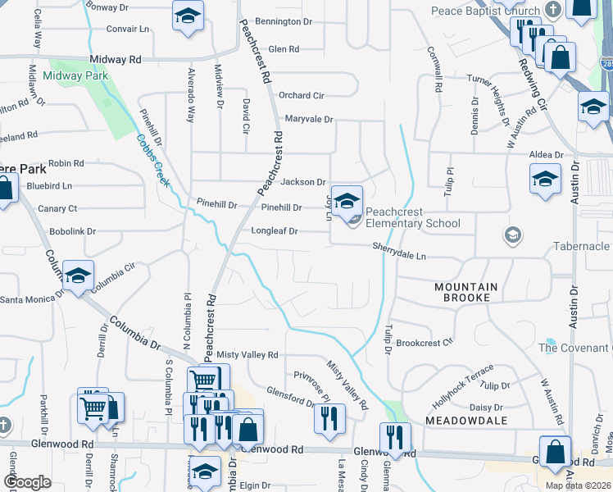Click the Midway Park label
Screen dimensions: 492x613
(75, 76)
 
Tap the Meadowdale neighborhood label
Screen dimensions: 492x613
(465, 420)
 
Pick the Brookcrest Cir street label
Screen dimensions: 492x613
(425, 343)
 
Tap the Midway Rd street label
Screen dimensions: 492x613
(117, 60)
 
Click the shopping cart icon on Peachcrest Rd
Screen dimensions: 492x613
(203, 380)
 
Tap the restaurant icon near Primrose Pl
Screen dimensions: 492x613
(329, 418)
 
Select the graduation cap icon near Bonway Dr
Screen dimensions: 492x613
(188, 17)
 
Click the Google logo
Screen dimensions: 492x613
(27, 482)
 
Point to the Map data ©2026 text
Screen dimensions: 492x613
(579, 485)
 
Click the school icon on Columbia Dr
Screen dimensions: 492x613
(78, 277)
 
